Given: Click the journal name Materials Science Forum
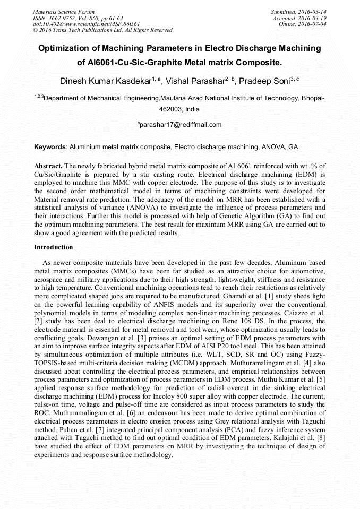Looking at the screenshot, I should [64, 11].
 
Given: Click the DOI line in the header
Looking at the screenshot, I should [86, 24].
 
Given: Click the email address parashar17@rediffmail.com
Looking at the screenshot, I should [181, 125].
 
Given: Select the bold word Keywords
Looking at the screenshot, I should [50, 146].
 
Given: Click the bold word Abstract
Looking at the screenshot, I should [48, 166].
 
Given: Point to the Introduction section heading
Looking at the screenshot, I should [54, 247].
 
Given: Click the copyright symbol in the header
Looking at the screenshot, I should [36, 30].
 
